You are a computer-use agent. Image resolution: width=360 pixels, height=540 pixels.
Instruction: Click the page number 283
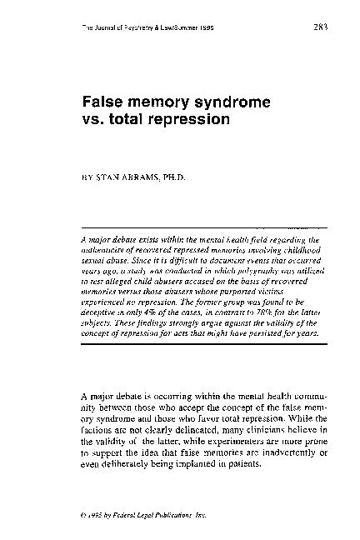click(x=319, y=26)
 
